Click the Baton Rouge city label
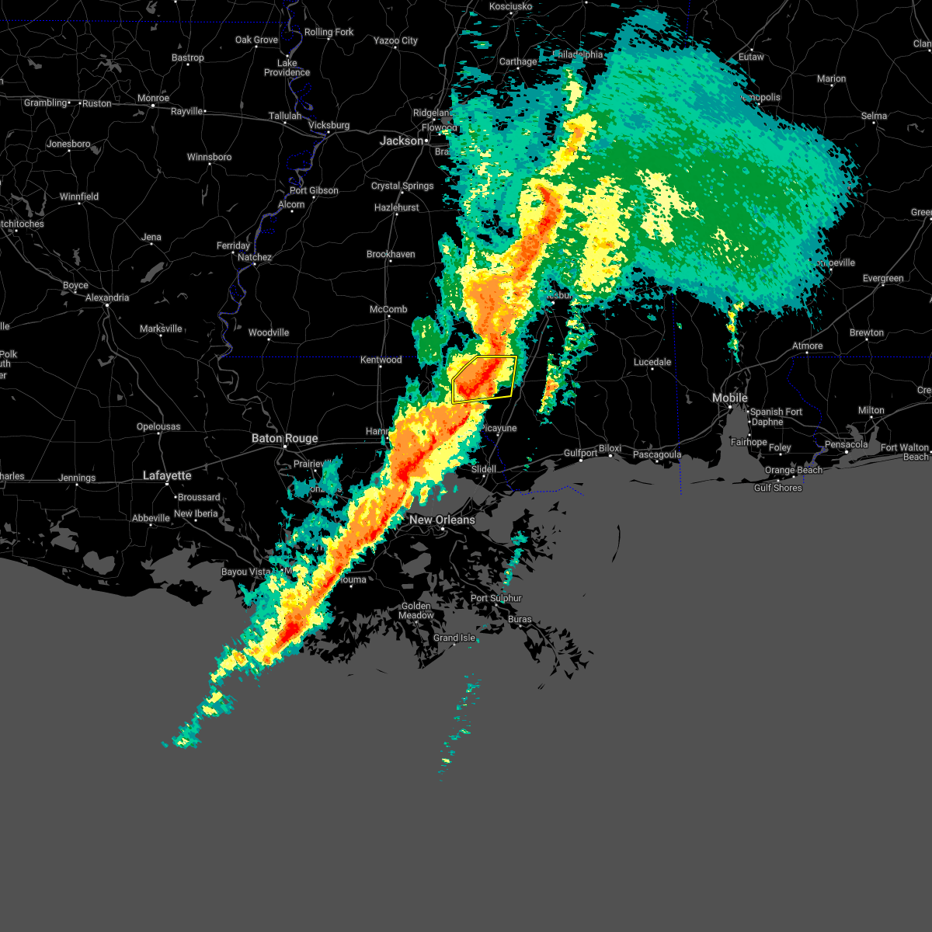tap(284, 439)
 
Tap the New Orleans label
tap(442, 520)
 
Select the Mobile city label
tap(730, 398)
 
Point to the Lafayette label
tap(167, 475)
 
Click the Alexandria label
tap(107, 297)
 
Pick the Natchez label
tap(255, 257)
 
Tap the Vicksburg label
tap(329, 125)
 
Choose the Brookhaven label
tap(391, 254)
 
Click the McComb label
tap(388, 309)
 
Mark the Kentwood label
tap(381, 360)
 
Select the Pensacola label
tap(846, 444)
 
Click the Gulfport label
tap(580, 453)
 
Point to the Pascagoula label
tap(656, 454)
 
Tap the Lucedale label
tap(652, 362)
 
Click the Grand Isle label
tap(454, 638)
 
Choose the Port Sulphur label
tap(496, 598)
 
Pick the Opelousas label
tap(158, 426)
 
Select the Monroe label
tap(153, 99)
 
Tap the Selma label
tap(874, 116)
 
